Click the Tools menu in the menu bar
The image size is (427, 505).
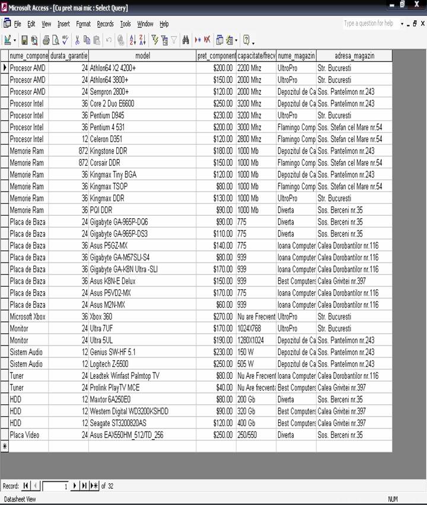(125, 24)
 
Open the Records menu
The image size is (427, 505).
(105, 24)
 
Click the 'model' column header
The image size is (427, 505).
(142, 56)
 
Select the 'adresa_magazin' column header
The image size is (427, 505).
(354, 56)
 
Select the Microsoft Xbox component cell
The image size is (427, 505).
(27, 317)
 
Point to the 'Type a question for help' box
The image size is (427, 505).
(369, 24)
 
